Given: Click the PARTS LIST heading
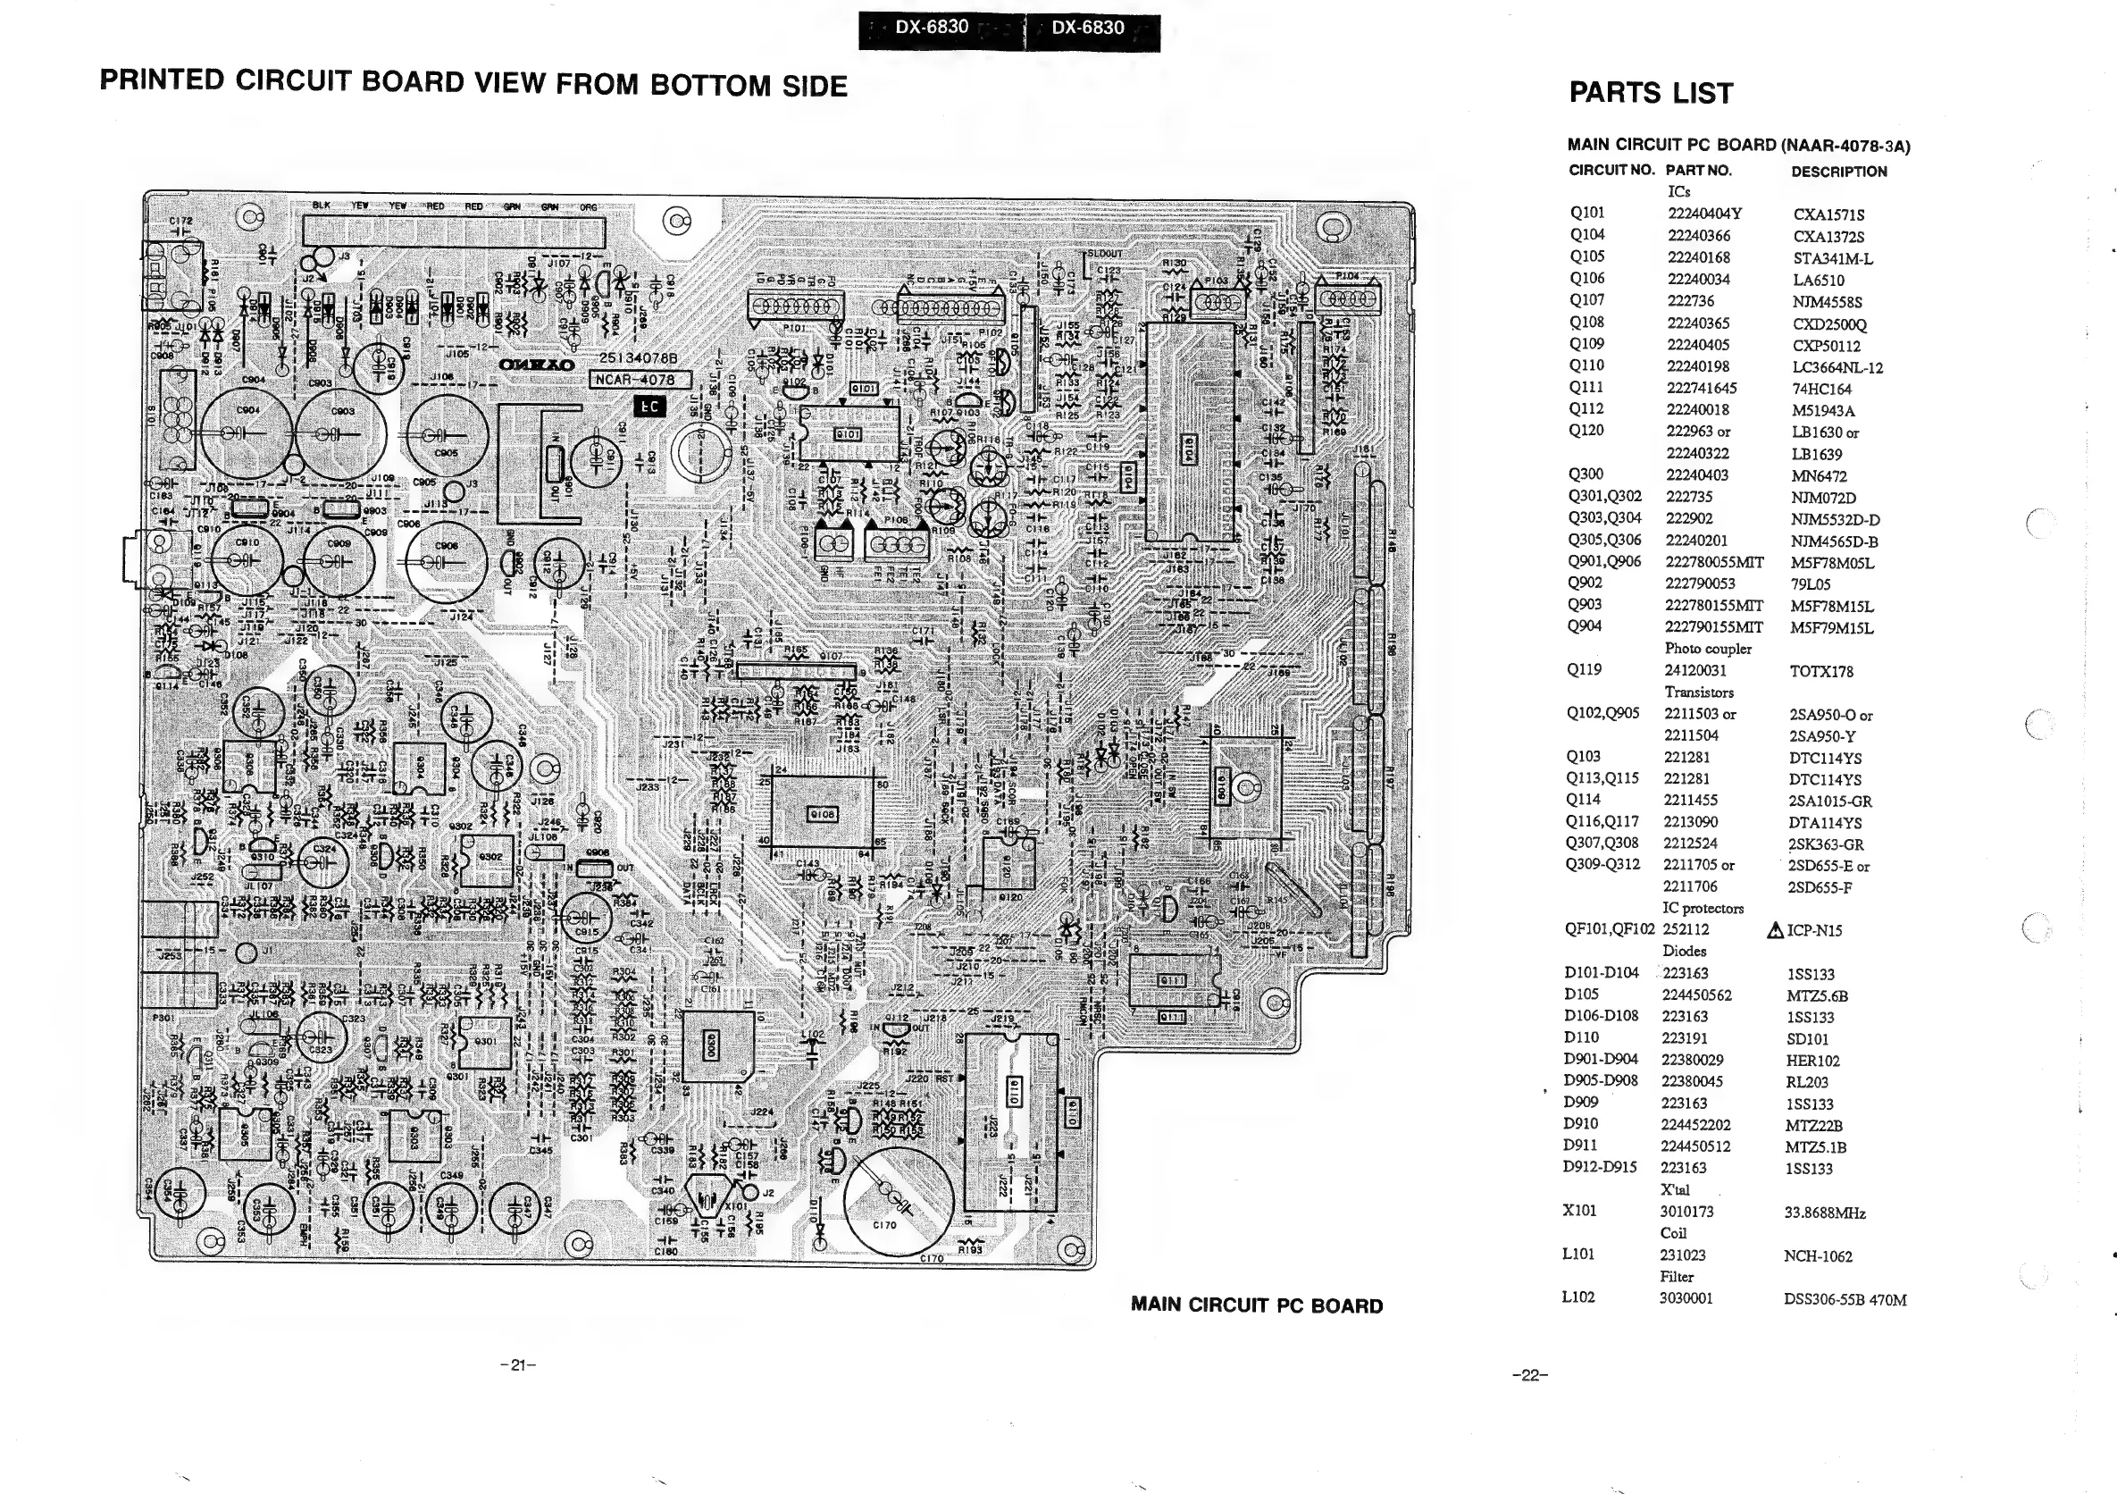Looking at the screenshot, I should pyautogui.click(x=1651, y=93).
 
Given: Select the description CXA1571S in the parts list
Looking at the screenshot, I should pyautogui.click(x=1828, y=214).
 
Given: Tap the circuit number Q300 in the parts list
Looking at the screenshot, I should pyautogui.click(x=1586, y=474).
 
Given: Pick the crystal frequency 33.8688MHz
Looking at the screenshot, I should pyautogui.click(x=1825, y=1213).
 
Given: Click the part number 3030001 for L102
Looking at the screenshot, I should pyautogui.click(x=1686, y=1297).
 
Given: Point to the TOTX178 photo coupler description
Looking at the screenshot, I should pyautogui.click(x=1821, y=671).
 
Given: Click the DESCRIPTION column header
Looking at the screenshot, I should pyautogui.click(x=1838, y=172).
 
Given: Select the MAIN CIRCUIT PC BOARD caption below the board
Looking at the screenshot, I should pyautogui.click(x=1257, y=1305).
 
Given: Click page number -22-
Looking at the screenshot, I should pyautogui.click(x=1529, y=1375).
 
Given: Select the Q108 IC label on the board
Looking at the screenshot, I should pyautogui.click(x=822, y=814).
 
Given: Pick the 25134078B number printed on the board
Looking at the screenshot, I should pyautogui.click(x=638, y=357).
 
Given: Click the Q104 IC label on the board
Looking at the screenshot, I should pyautogui.click(x=1190, y=451).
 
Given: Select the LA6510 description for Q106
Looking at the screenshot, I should pyautogui.click(x=1819, y=281).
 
